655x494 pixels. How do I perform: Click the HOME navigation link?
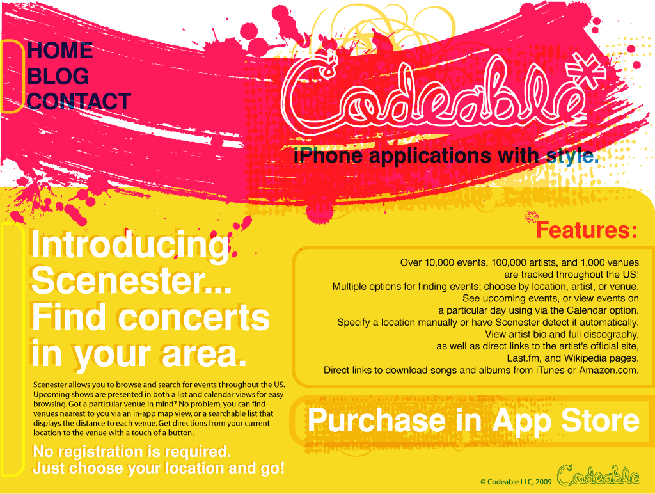pos(60,51)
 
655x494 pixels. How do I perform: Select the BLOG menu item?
pos(58,76)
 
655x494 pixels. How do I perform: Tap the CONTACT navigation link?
pos(79,102)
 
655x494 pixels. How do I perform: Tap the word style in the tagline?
pos(572,157)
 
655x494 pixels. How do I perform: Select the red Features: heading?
pos(587,230)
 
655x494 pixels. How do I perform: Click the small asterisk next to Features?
pos(532,216)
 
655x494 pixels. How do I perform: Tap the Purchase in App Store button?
pos(473,420)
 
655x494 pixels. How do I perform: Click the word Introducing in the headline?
pos(130,246)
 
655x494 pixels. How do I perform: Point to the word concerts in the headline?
pos(194,317)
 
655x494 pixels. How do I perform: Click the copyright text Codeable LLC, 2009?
pos(516,482)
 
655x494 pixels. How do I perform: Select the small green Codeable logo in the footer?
pos(598,475)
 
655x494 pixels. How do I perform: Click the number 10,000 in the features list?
pos(439,263)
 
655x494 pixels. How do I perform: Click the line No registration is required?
pos(132,452)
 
